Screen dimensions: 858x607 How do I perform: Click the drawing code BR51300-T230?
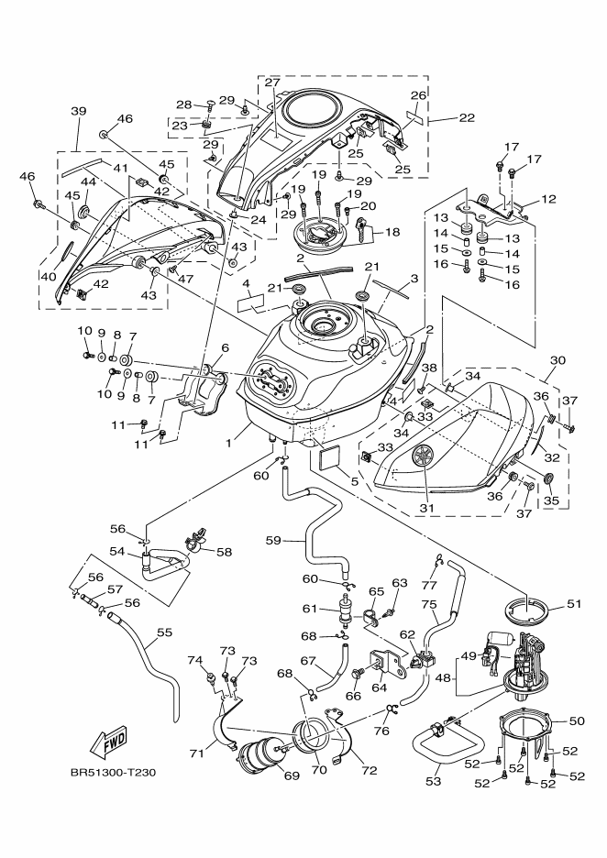[113, 773]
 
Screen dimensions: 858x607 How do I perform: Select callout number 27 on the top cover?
[271, 83]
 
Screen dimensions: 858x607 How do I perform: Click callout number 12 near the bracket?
[548, 199]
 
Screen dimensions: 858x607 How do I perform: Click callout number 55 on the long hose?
[165, 632]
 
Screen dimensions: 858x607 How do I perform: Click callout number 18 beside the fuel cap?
[392, 233]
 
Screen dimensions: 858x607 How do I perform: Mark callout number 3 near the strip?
[414, 278]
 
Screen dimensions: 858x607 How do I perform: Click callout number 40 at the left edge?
[47, 275]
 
